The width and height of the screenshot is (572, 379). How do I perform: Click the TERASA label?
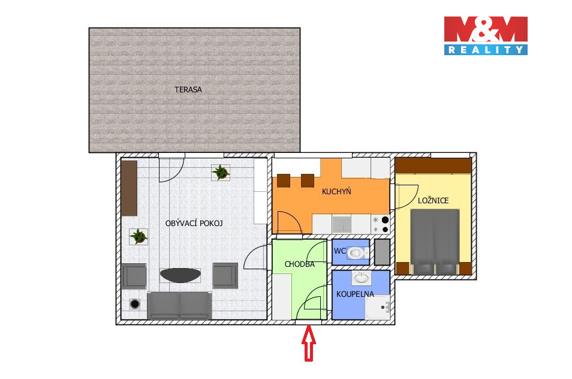tap(188, 89)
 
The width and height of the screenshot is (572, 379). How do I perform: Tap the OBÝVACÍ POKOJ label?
tap(194, 223)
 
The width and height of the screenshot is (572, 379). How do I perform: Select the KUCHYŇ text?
tap(336, 191)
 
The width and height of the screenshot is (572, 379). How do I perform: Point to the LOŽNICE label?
tap(433, 200)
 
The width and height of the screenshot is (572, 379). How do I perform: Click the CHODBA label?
tap(300, 264)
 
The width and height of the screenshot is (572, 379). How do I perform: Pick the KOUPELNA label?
tap(355, 294)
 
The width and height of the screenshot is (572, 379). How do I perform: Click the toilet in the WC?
tap(357, 252)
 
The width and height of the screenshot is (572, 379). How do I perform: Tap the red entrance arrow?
tap(309, 343)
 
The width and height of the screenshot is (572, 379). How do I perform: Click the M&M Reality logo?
tap(486, 36)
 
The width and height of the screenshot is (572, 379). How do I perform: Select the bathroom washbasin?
tap(362, 278)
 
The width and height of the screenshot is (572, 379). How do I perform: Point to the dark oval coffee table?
tap(180, 275)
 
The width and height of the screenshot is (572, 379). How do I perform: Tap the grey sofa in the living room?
tap(179, 305)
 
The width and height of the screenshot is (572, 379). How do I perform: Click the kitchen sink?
tap(341, 224)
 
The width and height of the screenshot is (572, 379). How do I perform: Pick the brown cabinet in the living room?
tap(129, 188)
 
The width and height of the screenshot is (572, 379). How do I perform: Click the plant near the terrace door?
tap(220, 172)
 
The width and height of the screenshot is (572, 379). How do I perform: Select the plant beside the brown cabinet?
tap(139, 237)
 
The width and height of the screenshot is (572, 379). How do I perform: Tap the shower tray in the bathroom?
tap(378, 307)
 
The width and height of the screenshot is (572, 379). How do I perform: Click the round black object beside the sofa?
tap(135, 303)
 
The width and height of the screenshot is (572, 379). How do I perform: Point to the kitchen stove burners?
tap(381, 224)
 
